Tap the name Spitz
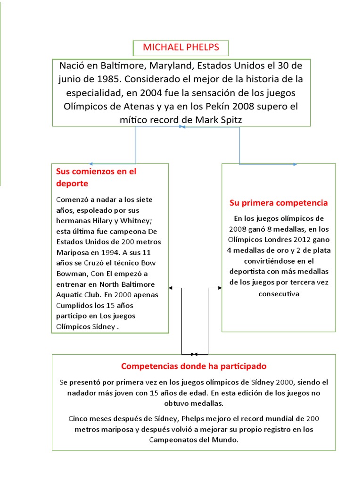[229, 120]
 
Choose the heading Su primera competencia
[279, 203]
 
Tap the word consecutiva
[279, 293]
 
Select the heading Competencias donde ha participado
[194, 366]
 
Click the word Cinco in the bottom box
[78, 418]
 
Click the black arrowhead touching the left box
[171, 288]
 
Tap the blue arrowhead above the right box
[295, 164]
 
